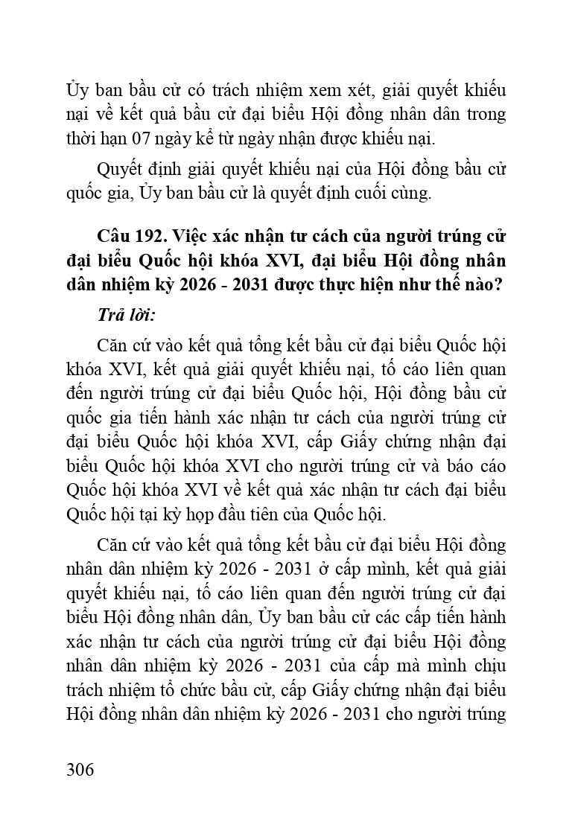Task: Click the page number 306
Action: [x=80, y=769]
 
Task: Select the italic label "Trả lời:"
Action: [x=126, y=314]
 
